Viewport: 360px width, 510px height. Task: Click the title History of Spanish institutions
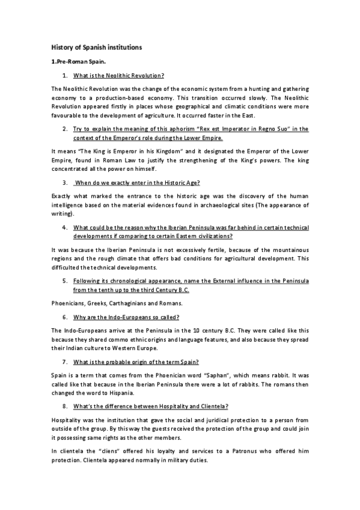point(96,46)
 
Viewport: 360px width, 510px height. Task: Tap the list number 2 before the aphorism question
point(64,129)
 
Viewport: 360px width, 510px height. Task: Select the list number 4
point(64,228)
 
